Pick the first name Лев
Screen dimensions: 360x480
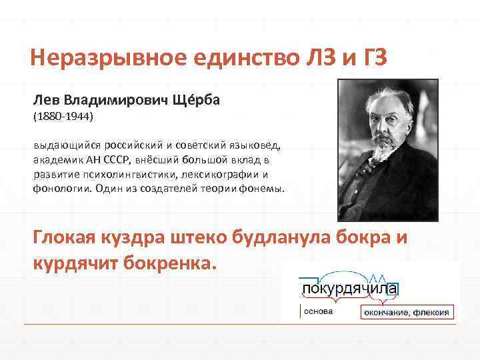[x=47, y=100]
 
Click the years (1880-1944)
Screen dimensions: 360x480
[x=65, y=117]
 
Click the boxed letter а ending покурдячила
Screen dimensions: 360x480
[x=393, y=289]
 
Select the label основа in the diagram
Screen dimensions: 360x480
[x=317, y=311]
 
